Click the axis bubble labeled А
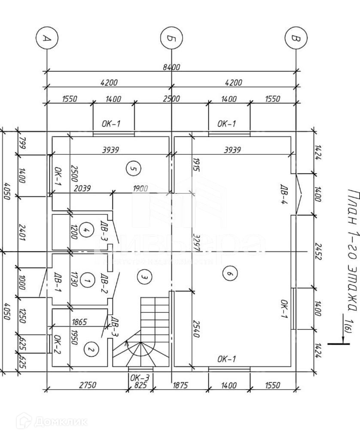pyautogui.click(x=47, y=38)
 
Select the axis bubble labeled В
pyautogui.click(x=296, y=38)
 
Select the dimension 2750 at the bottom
pyautogui.click(x=88, y=385)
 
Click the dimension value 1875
pyautogui.click(x=180, y=385)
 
